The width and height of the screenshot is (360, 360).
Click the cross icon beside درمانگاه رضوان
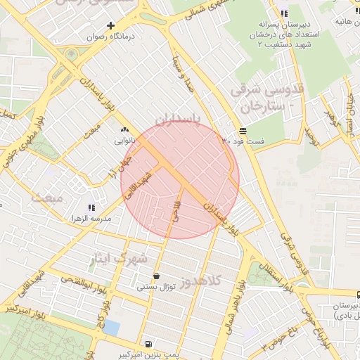[x=110, y=25]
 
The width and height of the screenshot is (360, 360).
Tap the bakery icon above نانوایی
[x=125, y=129]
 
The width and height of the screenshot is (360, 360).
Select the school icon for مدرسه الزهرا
[x=91, y=207]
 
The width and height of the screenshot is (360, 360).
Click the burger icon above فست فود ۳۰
[x=243, y=131]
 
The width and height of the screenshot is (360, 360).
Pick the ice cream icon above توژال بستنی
[x=155, y=276]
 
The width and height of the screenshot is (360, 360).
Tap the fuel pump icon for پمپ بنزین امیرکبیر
[x=148, y=344]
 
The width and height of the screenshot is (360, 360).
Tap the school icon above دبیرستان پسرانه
[x=283, y=13]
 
